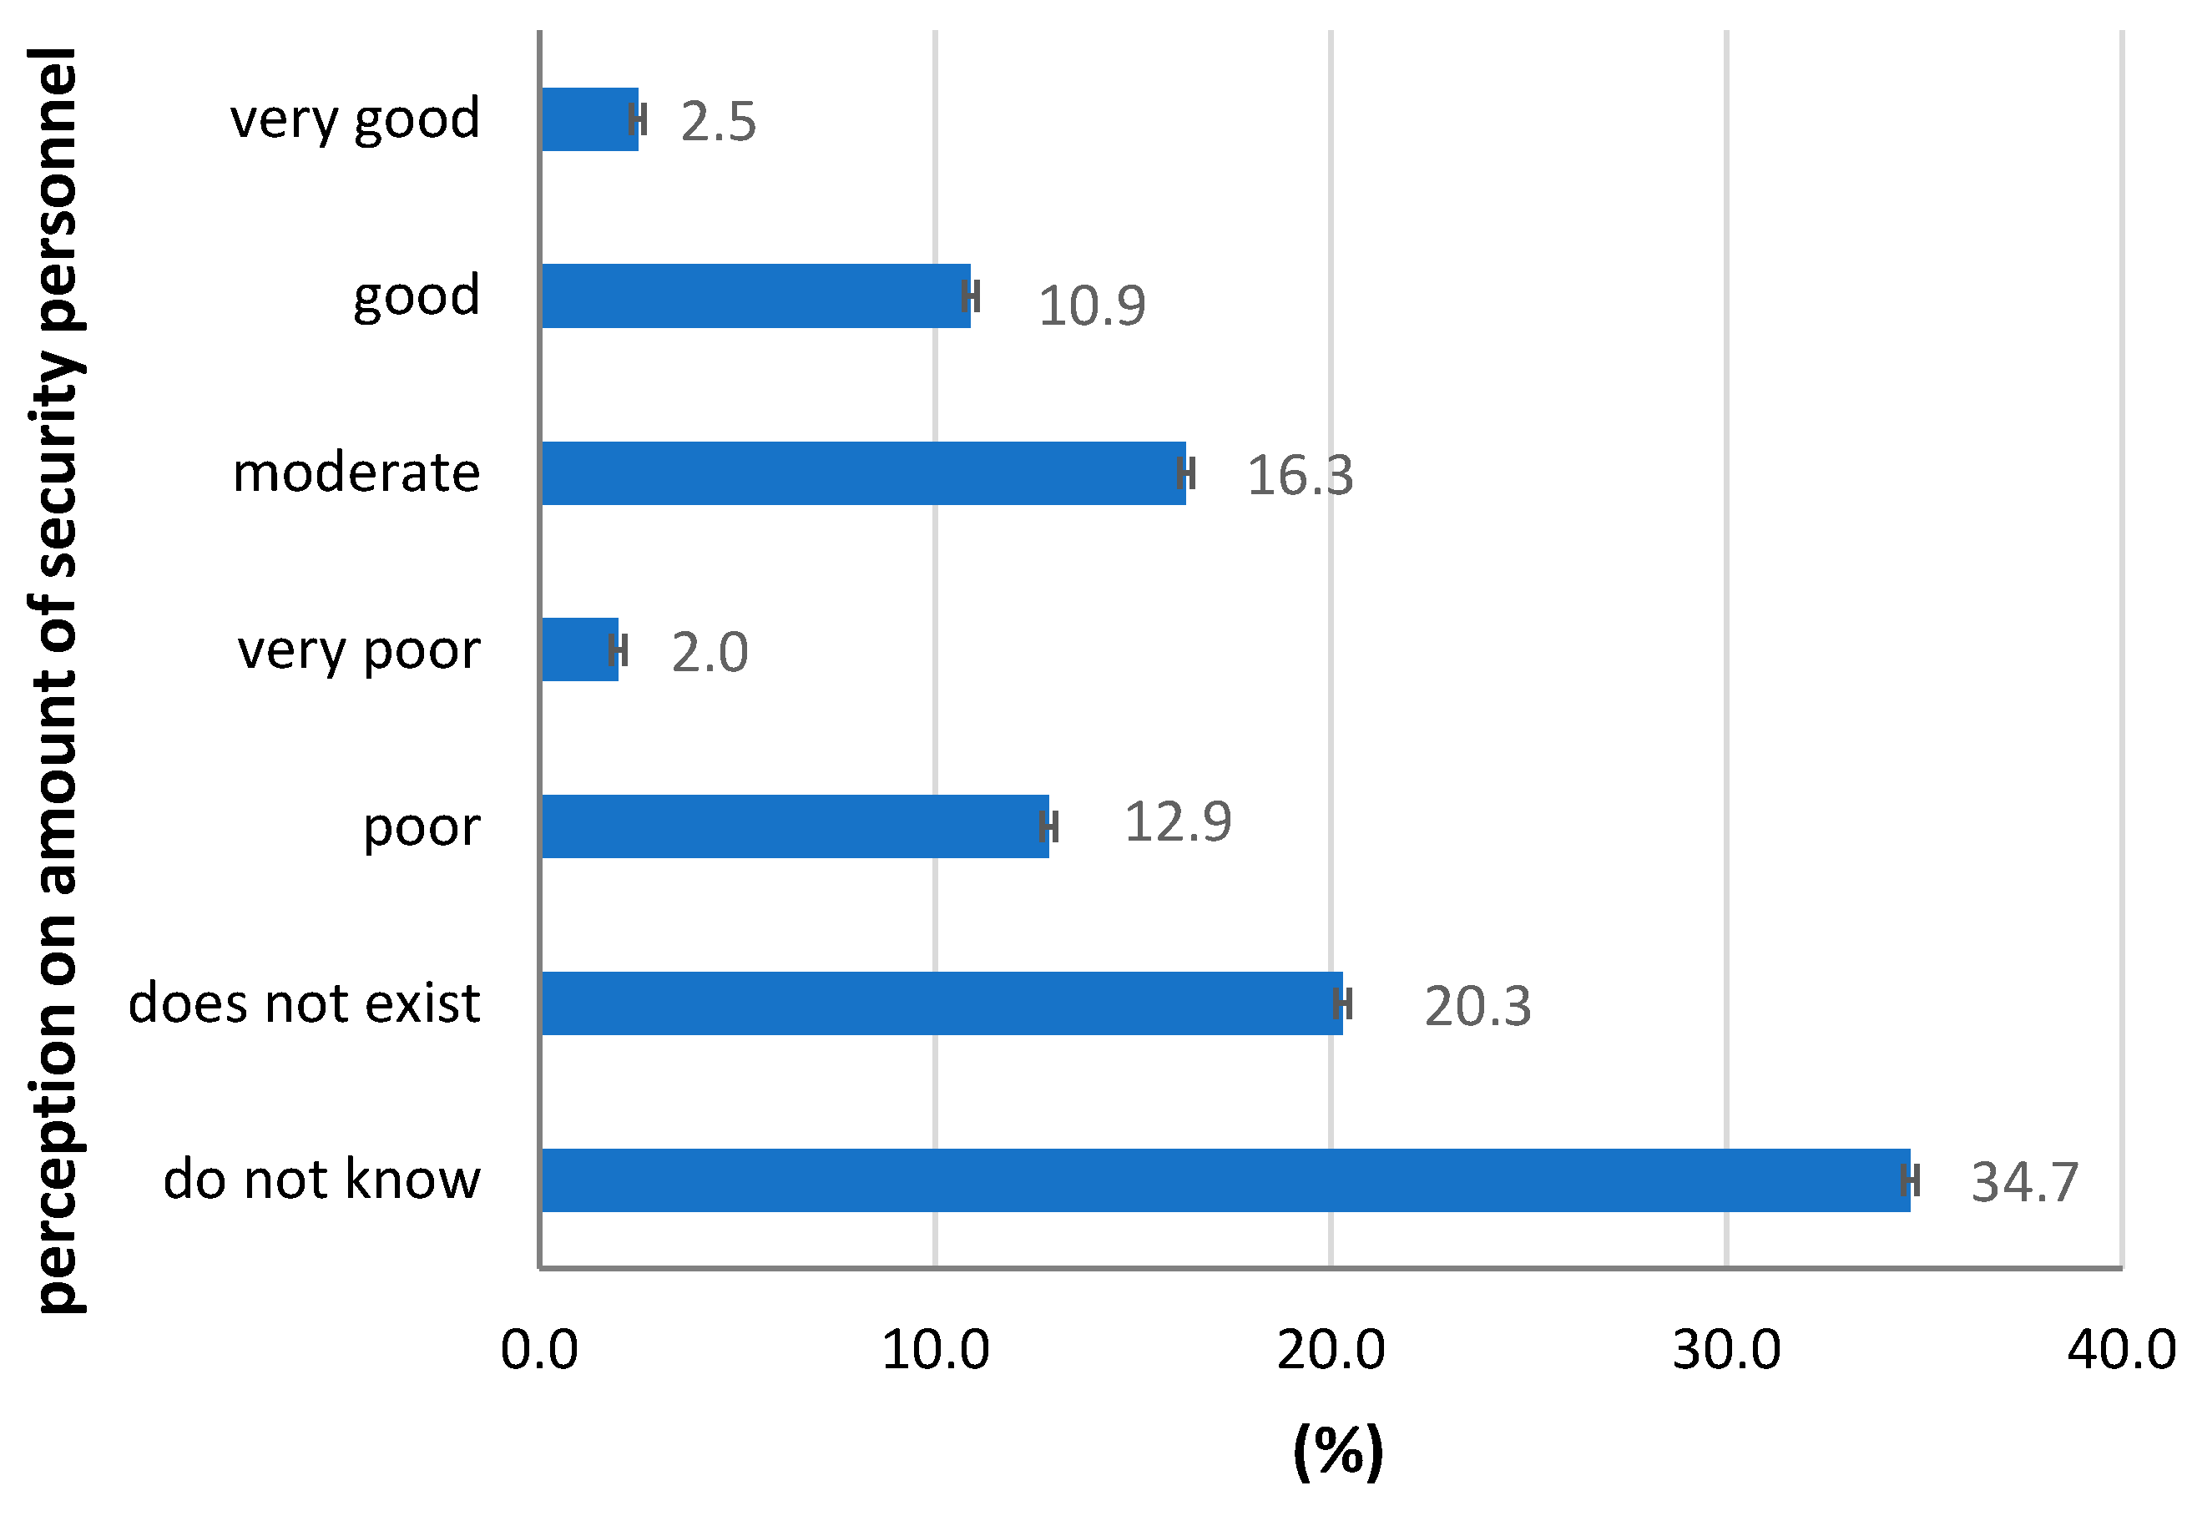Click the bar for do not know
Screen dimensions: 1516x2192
point(1225,1180)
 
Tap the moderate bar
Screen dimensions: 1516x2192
point(862,473)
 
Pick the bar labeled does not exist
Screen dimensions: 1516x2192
point(940,1003)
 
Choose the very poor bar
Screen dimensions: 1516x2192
point(579,649)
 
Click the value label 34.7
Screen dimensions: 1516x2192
point(2025,1183)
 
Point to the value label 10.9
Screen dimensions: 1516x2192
point(1091,306)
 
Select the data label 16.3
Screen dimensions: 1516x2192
point(1299,475)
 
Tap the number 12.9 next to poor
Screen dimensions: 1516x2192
point(1178,821)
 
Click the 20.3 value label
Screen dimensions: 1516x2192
point(1477,1006)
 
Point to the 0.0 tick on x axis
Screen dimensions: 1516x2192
point(539,1349)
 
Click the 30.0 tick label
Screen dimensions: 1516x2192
point(1725,1349)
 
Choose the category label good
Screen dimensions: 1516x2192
point(416,296)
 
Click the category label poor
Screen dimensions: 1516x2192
point(422,826)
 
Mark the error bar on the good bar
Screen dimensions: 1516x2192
point(970,296)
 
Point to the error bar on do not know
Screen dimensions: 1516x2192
point(1911,1180)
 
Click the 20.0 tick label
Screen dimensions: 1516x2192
point(1331,1349)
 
